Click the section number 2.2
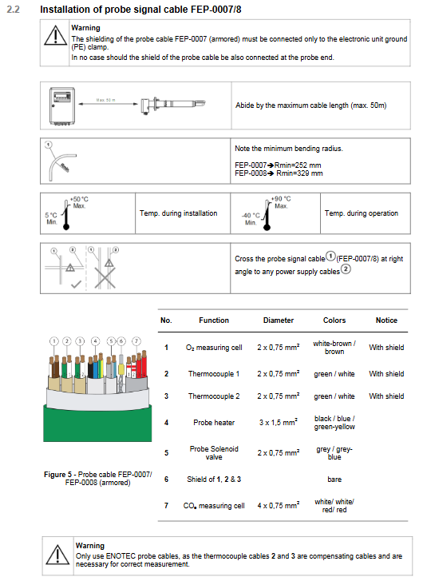pos(13,10)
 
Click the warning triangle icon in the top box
pos(56,36)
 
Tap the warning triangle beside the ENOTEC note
pos(57,554)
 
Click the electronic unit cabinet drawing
pos(62,106)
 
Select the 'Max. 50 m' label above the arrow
pos(105,100)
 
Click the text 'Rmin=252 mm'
pos(298,165)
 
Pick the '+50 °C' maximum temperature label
pos(79,199)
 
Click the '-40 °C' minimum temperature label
pos(251,215)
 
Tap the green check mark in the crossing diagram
pos(76,285)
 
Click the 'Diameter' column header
pos(279,320)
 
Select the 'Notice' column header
pos(386,320)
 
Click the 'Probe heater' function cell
pos(214,422)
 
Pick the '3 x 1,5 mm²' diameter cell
pos(279,422)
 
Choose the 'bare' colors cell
pos(334,479)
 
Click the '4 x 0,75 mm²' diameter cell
pos(279,505)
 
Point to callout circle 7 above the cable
pos(136,341)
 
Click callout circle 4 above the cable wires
pos(96,341)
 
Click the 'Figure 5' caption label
pos(57,474)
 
